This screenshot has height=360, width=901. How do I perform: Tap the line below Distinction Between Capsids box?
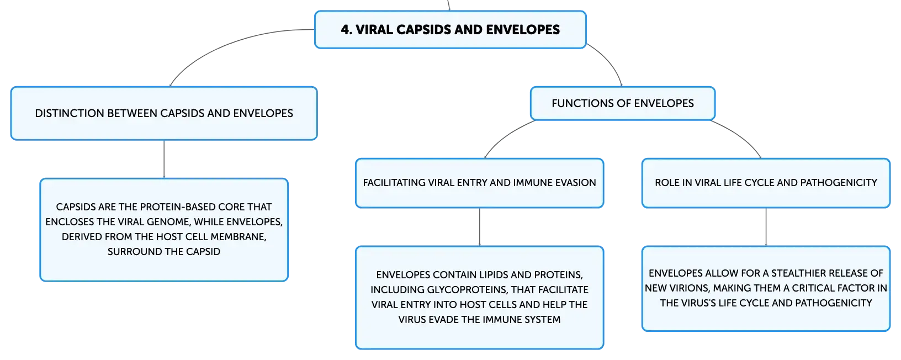tap(164, 159)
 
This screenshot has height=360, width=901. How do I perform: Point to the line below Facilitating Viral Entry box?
tap(479, 227)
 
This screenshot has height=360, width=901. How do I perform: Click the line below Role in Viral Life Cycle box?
tap(766, 227)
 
